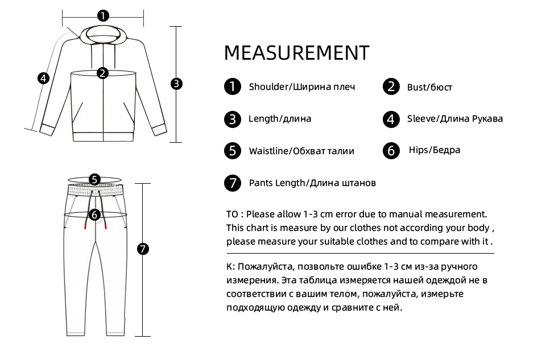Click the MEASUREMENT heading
pos(296,53)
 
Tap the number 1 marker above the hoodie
pos(102,16)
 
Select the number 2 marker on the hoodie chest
pos(102,73)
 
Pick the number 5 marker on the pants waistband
pos(94,179)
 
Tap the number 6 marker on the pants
pos(94,215)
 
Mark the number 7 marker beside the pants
pos(143,249)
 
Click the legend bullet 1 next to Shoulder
pos(232,87)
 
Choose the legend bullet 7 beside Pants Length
pos(232,183)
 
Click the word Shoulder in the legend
pos(269,87)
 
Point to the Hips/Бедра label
pos(435,150)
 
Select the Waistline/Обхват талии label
pos(301,151)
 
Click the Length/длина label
pos(280,119)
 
